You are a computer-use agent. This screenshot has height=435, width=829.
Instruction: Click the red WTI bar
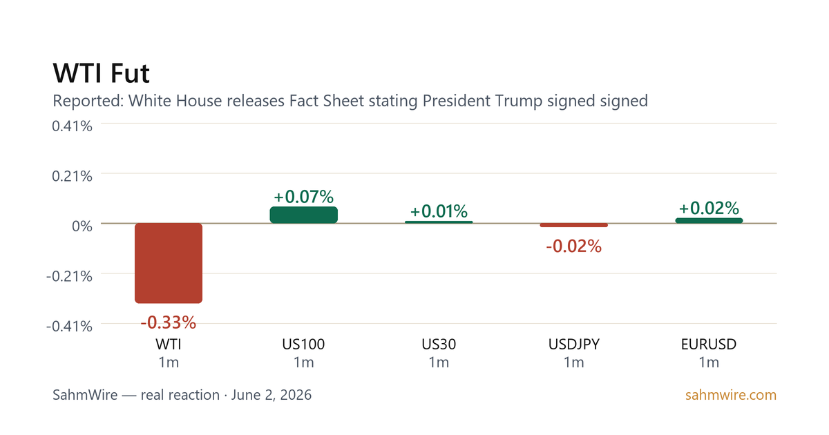tap(169, 263)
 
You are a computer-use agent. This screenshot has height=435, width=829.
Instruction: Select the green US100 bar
tap(303, 215)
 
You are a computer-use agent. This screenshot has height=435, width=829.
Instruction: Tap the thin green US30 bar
tap(439, 222)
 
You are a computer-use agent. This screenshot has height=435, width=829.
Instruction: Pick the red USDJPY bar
tap(573, 225)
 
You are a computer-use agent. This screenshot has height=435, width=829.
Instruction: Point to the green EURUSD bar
tap(709, 221)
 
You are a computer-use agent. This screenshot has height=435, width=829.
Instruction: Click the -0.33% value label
tap(169, 322)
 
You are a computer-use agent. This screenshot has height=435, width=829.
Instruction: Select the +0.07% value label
tap(303, 197)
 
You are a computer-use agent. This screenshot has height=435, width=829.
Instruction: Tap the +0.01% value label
tap(439, 211)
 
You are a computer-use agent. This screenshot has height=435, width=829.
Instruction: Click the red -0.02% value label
tap(573, 246)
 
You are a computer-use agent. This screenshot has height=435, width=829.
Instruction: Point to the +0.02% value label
tap(709, 209)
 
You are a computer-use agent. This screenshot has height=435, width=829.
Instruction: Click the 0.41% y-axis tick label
tap(72, 126)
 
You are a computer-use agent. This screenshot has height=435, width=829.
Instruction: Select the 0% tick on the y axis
tap(82, 226)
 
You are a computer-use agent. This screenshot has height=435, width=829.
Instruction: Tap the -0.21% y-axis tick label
tap(69, 276)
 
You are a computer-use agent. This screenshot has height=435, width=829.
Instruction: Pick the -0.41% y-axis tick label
tap(69, 326)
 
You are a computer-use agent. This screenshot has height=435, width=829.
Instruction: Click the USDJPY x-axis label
tap(573, 345)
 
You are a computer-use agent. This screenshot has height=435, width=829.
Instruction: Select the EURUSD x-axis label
tap(709, 345)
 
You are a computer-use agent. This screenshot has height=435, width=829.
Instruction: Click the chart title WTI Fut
tap(101, 73)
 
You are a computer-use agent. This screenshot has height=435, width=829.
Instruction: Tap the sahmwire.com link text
tap(731, 395)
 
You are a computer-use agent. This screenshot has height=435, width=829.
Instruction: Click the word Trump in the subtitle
tap(519, 101)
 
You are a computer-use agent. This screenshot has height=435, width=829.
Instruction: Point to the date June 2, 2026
tap(271, 395)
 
